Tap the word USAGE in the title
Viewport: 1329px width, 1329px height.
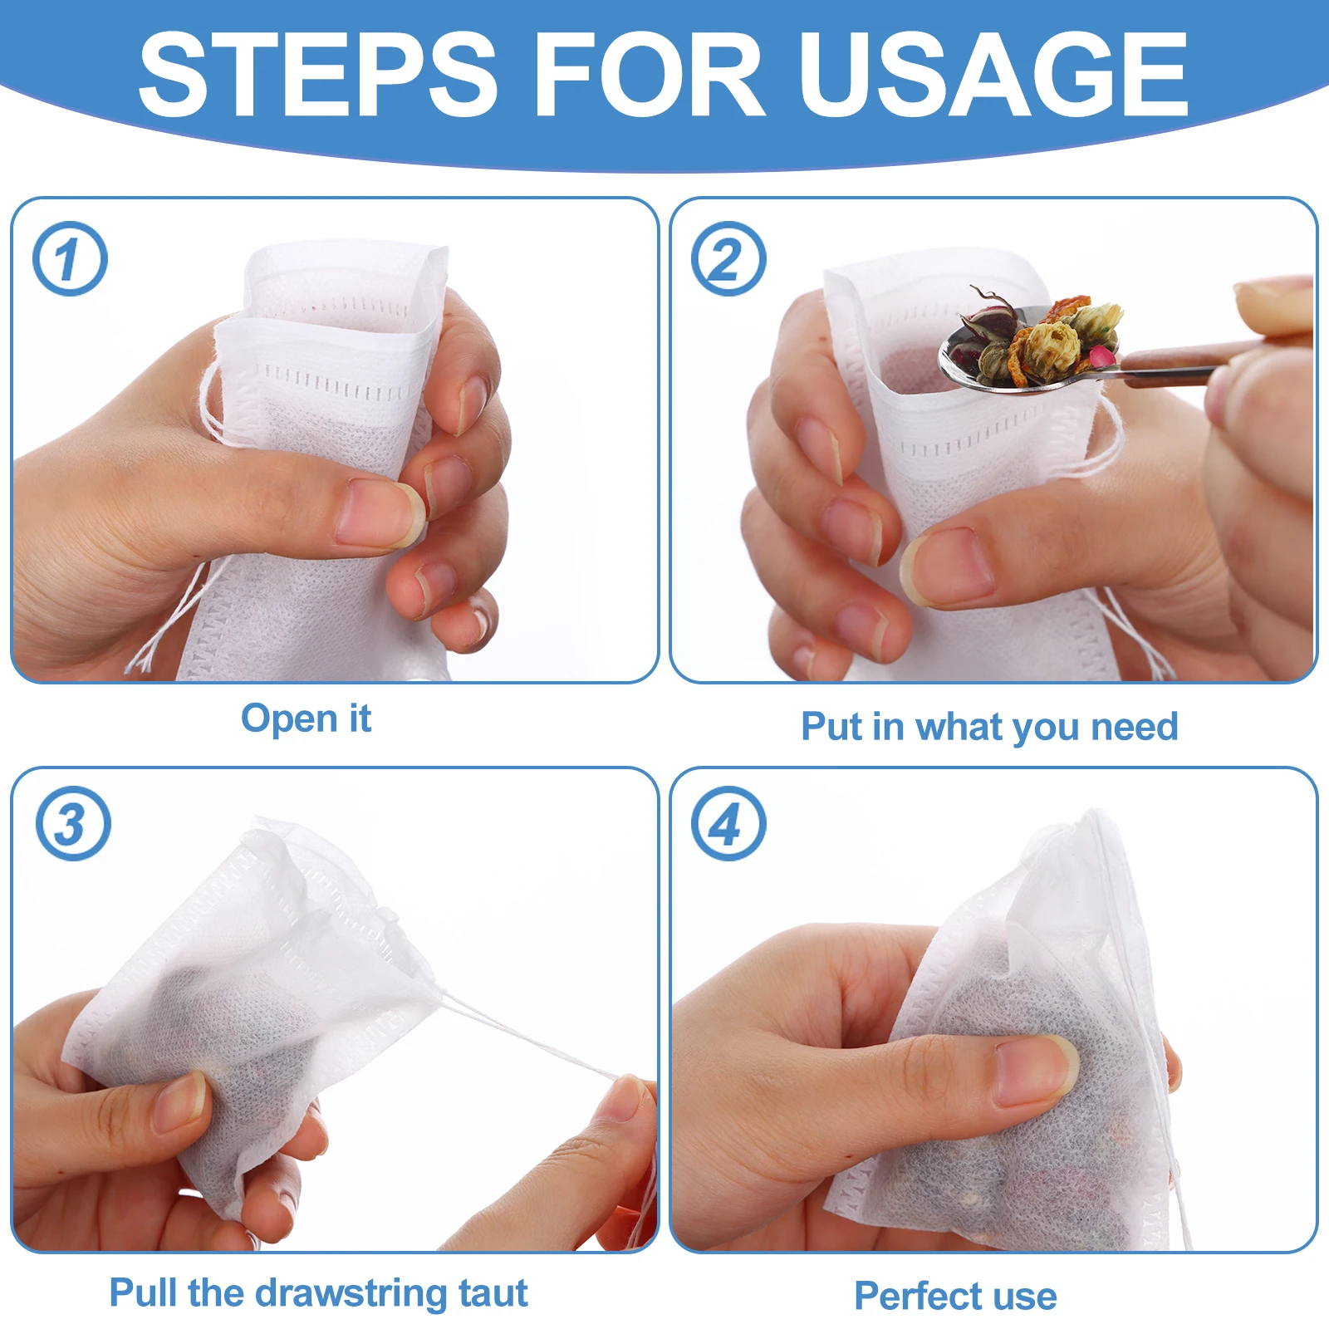pyautogui.click(x=992, y=75)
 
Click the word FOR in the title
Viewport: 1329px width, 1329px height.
pyautogui.click(x=648, y=75)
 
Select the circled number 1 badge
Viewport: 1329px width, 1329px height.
pyautogui.click(x=70, y=258)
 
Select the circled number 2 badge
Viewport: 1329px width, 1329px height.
pyautogui.click(x=728, y=258)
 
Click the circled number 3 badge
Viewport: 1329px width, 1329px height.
pyautogui.click(x=73, y=823)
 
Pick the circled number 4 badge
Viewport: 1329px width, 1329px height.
pyautogui.click(x=728, y=823)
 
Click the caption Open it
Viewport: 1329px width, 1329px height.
pyautogui.click(x=306, y=718)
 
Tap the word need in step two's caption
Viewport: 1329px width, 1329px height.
pyautogui.click(x=1134, y=727)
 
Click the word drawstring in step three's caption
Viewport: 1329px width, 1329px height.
pyautogui.click(x=350, y=1293)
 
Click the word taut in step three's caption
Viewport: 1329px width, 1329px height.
pyautogui.click(x=493, y=1293)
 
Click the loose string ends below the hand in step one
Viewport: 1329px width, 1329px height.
pyautogui.click(x=166, y=631)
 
